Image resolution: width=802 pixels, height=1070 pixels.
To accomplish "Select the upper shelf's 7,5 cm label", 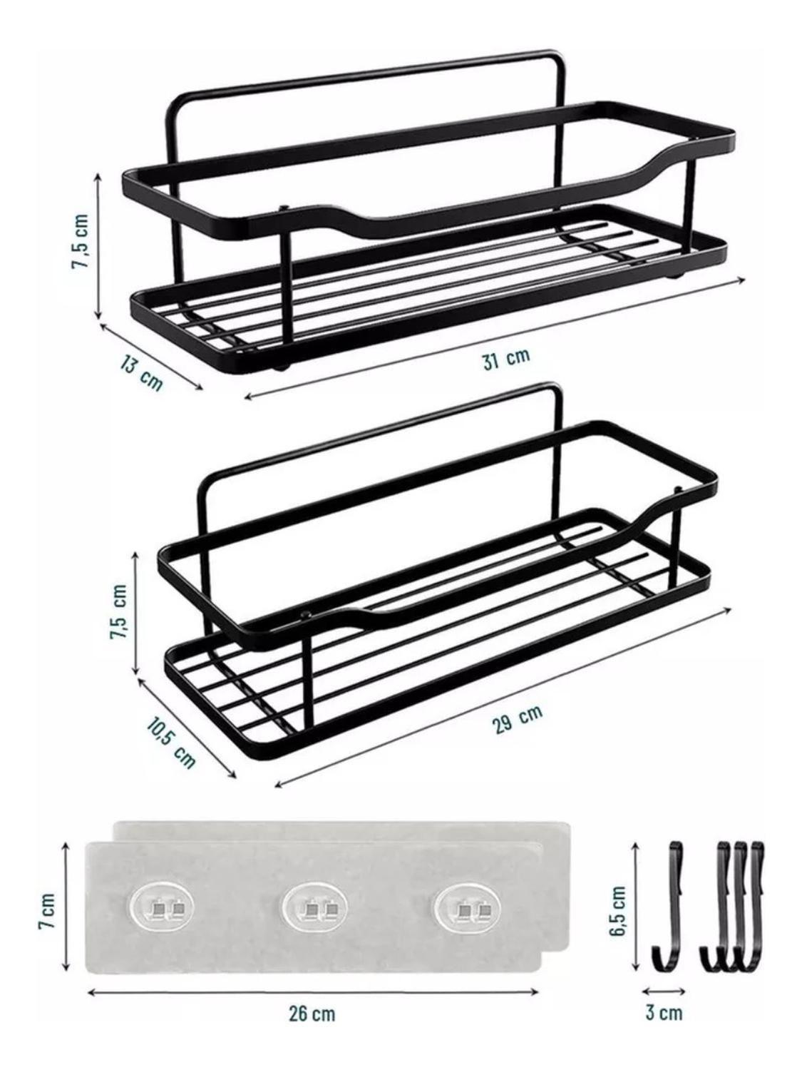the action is tap(81, 241).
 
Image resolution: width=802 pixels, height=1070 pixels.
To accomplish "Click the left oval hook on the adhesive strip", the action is tap(163, 908).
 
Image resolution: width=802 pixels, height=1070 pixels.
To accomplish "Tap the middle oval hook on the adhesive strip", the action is tap(315, 908).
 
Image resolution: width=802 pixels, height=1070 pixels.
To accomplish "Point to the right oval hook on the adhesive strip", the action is tap(468, 908).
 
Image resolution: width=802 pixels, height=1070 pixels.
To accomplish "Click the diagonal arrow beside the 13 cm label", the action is tap(151, 356).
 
